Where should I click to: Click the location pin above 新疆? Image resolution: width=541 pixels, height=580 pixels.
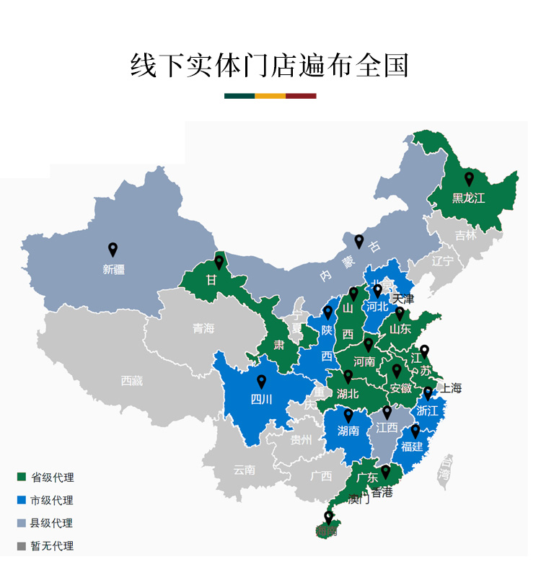coord(113,250)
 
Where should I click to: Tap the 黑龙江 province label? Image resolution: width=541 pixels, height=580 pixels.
coord(468,198)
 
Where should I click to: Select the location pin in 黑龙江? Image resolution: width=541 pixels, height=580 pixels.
coord(469,179)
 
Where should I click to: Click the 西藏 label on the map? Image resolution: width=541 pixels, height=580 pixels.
coord(131,381)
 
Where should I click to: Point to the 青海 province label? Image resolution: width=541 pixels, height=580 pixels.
coord(203,329)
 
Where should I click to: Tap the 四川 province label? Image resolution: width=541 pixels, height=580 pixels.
coord(261,400)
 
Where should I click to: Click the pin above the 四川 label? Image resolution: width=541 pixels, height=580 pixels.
coord(262,382)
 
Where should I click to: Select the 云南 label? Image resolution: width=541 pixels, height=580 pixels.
coord(244,470)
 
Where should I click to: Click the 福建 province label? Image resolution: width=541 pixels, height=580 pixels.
coord(412,447)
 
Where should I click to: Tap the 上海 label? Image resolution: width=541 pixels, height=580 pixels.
coord(451,388)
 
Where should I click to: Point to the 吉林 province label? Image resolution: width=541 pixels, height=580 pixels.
coord(465,235)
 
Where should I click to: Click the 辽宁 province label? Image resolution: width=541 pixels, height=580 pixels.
coord(442,261)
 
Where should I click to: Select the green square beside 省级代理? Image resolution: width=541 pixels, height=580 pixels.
coord(21,477)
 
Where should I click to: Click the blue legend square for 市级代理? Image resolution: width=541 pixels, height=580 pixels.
coord(21,500)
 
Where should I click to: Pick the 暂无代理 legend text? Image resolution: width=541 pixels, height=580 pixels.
coord(52,546)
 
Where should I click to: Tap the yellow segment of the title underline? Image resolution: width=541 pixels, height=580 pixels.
coord(270,96)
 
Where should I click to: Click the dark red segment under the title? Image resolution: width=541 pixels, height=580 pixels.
coord(301,96)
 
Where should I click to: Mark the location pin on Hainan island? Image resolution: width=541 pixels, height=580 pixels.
coord(328,517)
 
